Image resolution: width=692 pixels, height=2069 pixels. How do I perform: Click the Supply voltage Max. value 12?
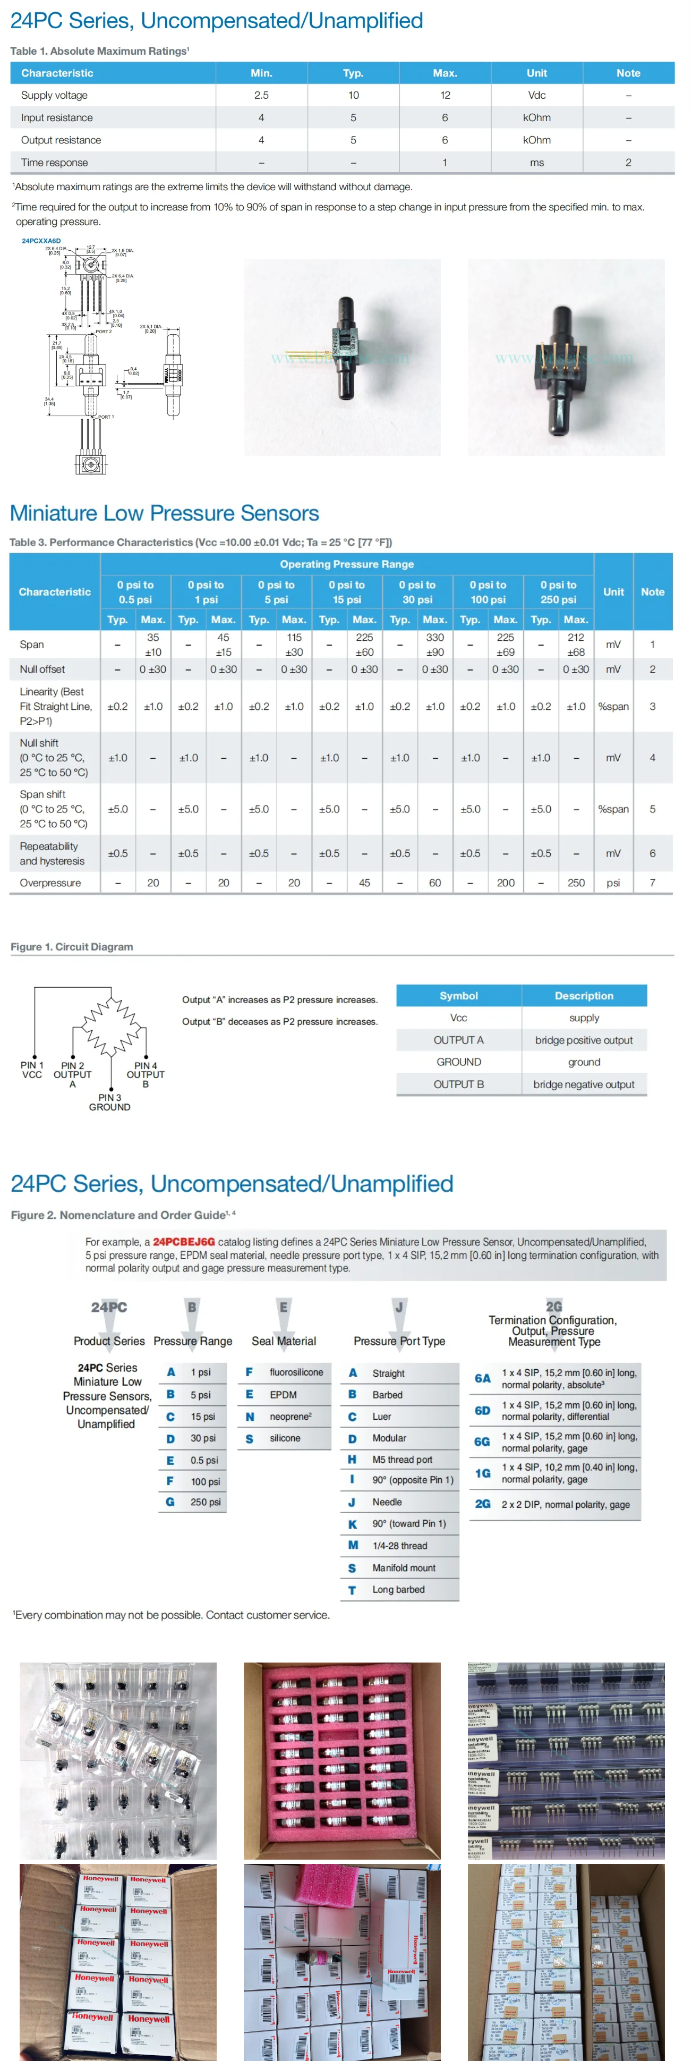click(445, 95)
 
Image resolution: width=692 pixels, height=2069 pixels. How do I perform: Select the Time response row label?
click(55, 162)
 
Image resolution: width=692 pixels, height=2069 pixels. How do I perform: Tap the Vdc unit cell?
click(536, 95)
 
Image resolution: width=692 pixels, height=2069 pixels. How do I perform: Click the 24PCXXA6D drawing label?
click(41, 240)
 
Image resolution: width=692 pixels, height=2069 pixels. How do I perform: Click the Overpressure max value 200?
click(505, 883)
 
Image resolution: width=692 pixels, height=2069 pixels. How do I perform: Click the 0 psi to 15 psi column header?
click(347, 592)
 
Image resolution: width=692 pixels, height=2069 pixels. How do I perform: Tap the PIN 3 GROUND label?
click(109, 1102)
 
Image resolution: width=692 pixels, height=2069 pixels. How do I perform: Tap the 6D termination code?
click(482, 1410)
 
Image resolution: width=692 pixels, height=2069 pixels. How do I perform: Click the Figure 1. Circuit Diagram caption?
click(72, 946)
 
